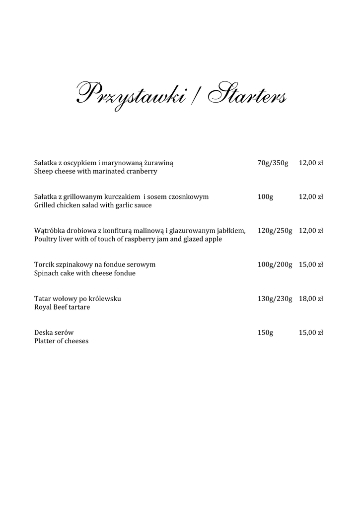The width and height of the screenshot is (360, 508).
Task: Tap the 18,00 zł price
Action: pos(311,299)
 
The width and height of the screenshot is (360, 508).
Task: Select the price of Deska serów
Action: pos(311,332)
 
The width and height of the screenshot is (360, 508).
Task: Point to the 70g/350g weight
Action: pos(273,163)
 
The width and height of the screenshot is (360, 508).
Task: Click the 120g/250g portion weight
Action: pos(275,231)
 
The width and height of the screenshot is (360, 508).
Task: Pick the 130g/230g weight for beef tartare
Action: pos(275,299)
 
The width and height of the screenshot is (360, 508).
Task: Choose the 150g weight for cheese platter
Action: pos(265,332)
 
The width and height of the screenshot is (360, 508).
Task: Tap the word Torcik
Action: pos(45,265)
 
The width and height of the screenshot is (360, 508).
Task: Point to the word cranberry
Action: pos(142,172)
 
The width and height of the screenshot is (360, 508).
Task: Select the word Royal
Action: pos(43,307)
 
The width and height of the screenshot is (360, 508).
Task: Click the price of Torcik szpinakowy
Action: pos(311,265)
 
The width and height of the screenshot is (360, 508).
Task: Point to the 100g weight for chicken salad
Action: pos(265,197)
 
